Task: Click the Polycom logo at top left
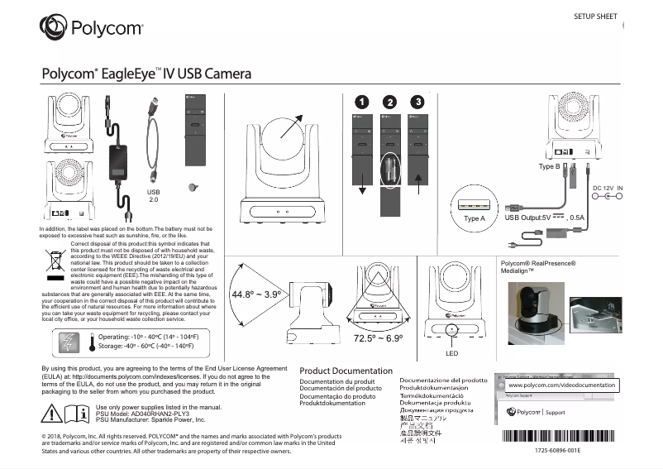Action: coord(91,29)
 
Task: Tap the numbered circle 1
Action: coord(360,102)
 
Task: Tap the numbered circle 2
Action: coord(389,102)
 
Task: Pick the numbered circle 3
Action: coord(418,102)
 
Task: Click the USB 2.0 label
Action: coord(153,195)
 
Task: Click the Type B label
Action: coord(550,166)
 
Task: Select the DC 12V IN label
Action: coord(608,189)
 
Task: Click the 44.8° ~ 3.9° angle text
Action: coord(256,294)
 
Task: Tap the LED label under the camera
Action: coord(451,352)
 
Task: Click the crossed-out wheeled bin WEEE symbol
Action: coord(57,262)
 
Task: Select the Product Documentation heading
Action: coord(346,371)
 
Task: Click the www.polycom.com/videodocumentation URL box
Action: coord(561,385)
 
